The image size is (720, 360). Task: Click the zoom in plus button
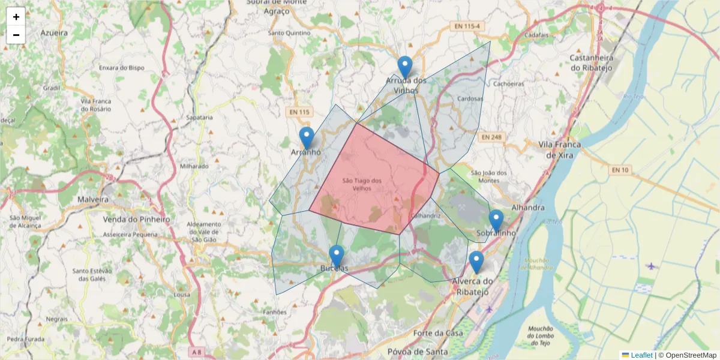[16, 17]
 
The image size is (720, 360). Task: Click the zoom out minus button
[16, 35]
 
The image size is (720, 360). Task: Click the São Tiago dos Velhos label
[362, 184]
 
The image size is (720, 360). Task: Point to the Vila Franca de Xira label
[560, 149]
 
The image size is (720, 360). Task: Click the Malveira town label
[93, 199]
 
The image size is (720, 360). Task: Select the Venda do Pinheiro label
[136, 219]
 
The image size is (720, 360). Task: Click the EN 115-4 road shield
[466, 26]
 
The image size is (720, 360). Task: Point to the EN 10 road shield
[620, 170]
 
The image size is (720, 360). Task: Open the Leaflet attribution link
[641, 355]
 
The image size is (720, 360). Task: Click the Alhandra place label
[528, 208]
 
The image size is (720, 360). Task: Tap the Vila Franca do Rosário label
[95, 106]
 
